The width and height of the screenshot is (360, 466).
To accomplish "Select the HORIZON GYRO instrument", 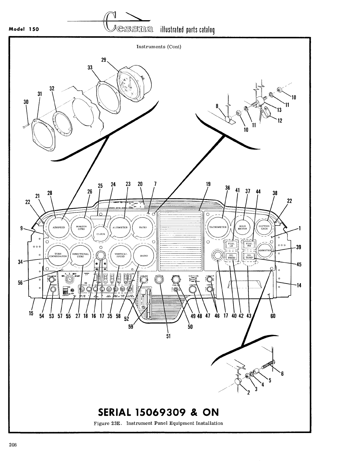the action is coord(81,227).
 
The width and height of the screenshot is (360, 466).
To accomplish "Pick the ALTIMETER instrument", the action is coord(120,227).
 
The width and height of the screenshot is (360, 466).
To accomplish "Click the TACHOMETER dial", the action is coord(218,227).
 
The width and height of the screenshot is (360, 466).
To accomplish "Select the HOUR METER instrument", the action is coord(242,227).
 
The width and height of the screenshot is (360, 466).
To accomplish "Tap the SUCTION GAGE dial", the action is coord(264,227).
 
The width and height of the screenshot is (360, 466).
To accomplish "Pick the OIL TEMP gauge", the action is coord(249,256).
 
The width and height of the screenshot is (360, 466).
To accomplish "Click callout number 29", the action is coord(104,59).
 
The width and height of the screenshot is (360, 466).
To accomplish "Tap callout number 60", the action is coord(273,316).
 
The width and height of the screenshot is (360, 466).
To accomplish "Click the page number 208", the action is coord(13,445).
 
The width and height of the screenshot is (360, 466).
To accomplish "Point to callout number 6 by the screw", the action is coord(282,374).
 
